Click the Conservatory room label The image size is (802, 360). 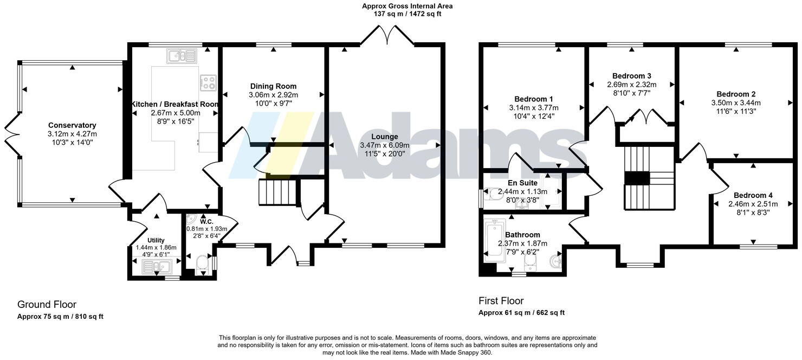[x=72, y=125]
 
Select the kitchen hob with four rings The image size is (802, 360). [x=208, y=82]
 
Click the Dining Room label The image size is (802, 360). [x=273, y=86]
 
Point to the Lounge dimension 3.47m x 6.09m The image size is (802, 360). [x=384, y=145]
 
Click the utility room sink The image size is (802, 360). [x=156, y=266]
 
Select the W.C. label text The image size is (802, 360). [x=206, y=222]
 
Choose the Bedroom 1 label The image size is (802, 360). [x=533, y=99]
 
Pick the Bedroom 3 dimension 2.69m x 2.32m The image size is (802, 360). [x=631, y=85]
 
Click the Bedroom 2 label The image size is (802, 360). [x=735, y=94]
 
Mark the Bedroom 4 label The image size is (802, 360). [x=753, y=195]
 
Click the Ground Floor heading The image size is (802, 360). [x=47, y=305]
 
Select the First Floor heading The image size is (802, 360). [x=501, y=301]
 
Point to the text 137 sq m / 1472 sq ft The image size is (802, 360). [x=407, y=14]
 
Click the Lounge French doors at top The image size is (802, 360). [x=387, y=36]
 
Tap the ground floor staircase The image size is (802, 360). [x=277, y=192]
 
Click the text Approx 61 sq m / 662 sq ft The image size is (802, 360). [x=521, y=313]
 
